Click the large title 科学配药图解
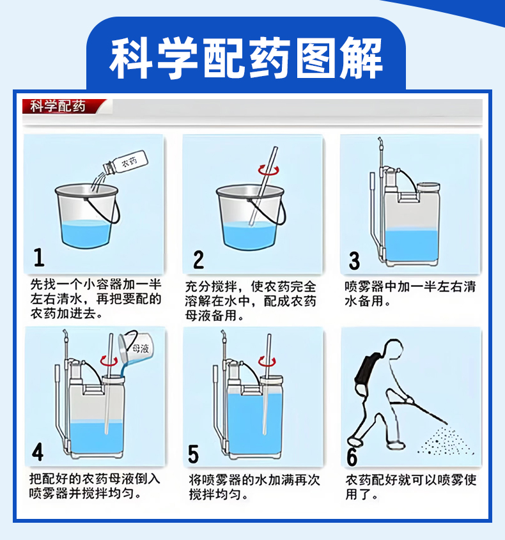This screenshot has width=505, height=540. (246, 58)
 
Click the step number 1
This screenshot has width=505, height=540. (39, 258)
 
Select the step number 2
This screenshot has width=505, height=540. (198, 259)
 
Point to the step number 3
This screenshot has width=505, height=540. (354, 261)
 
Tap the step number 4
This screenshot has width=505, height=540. (38, 452)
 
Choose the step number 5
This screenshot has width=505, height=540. (193, 454)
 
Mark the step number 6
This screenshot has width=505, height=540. (352, 457)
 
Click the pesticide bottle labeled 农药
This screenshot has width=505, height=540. (126, 162)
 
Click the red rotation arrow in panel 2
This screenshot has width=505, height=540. (268, 170)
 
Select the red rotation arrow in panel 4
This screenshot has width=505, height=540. (109, 361)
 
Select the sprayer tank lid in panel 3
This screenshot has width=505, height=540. (428, 187)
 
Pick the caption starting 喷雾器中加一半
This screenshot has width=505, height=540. (410, 294)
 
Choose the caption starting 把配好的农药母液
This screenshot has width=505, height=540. (95, 486)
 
